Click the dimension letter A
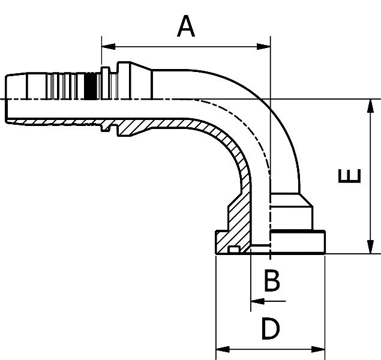point(187,27)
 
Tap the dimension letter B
point(272,280)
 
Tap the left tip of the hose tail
point(7,99)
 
